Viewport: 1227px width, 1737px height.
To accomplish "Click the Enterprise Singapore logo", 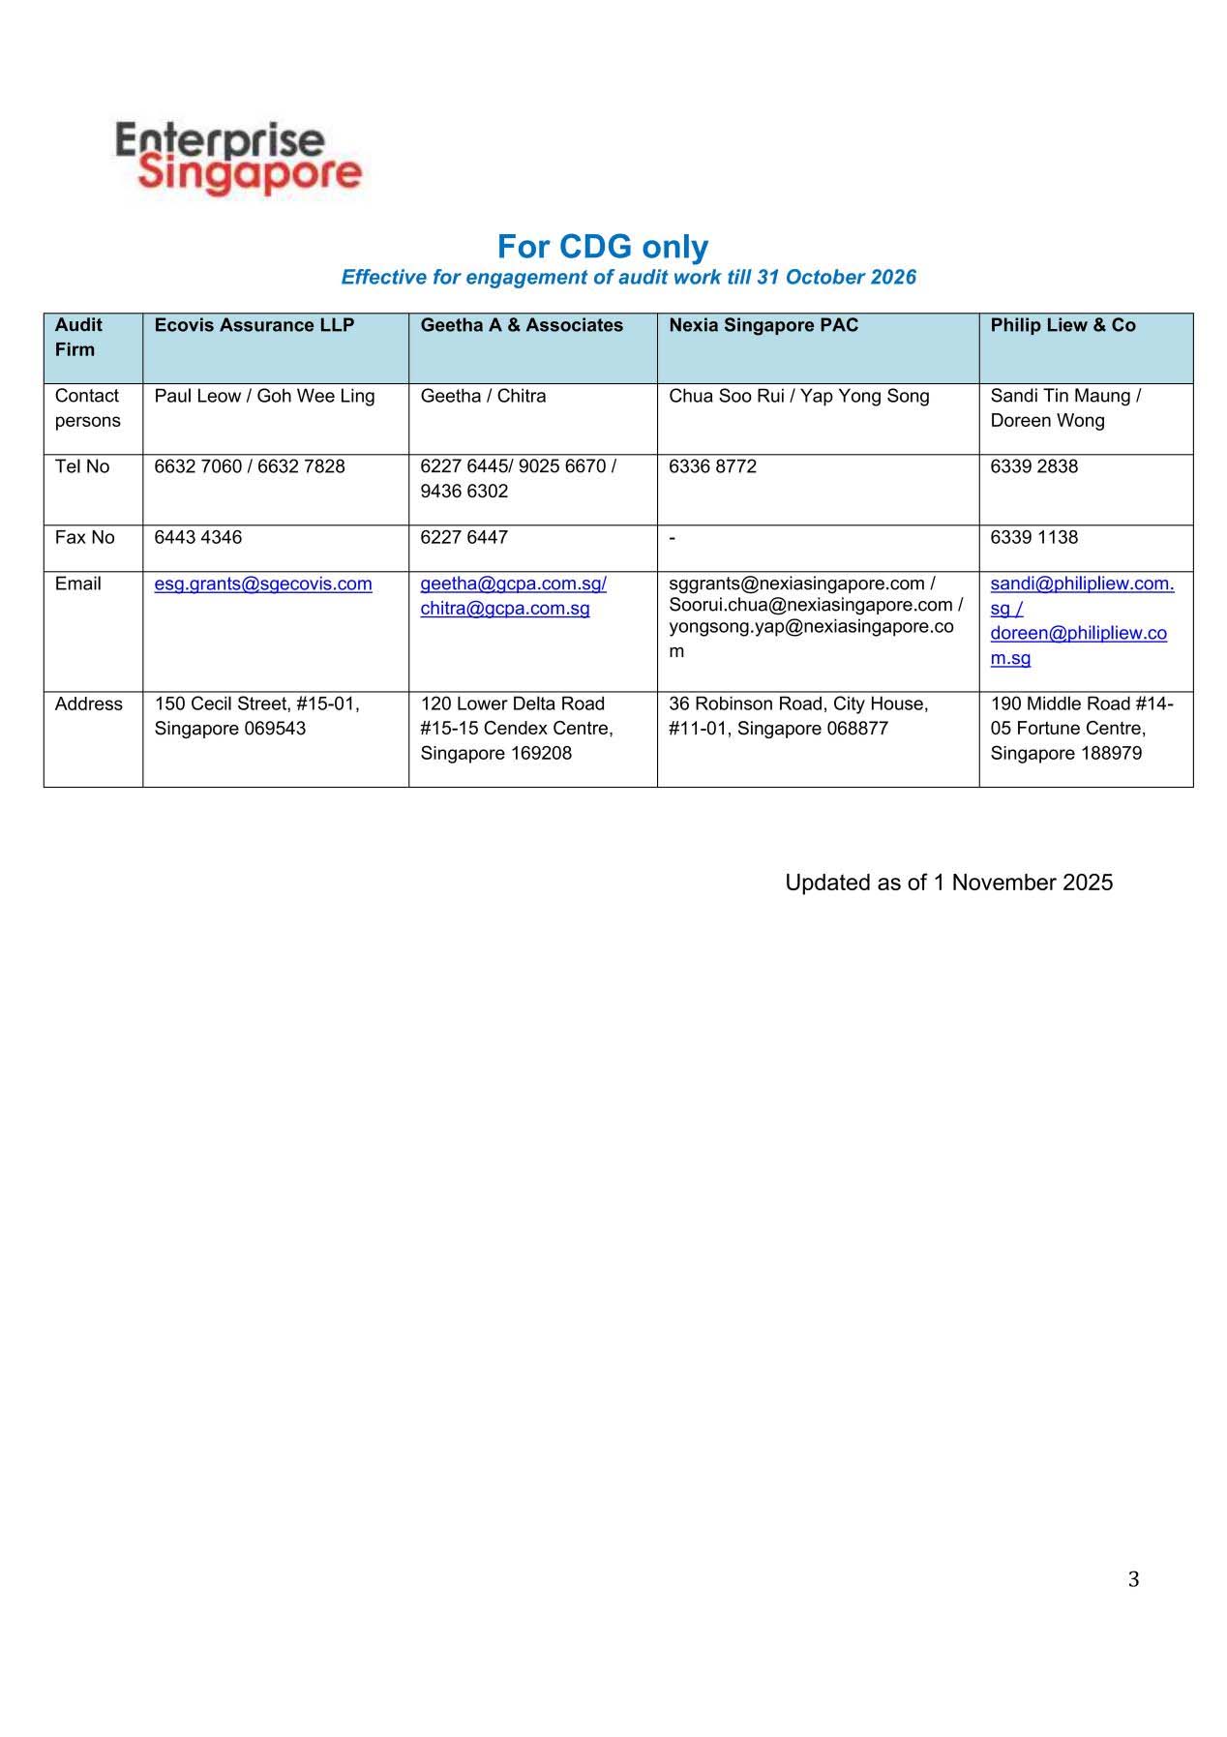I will point(238,158).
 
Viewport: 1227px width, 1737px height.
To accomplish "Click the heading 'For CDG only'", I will point(602,247).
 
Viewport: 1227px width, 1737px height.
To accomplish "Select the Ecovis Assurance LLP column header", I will point(254,325).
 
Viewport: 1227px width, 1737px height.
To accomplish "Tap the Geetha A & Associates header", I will point(522,325).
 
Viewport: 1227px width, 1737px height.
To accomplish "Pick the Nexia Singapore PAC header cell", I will point(763,325).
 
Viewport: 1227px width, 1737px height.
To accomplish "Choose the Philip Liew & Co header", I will point(1062,325).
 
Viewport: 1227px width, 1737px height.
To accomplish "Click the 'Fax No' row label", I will point(84,537).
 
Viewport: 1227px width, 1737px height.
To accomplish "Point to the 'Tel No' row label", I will point(82,466).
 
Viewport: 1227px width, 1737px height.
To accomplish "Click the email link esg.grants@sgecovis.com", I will point(263,584).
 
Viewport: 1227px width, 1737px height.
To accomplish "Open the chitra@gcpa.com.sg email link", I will point(505,609).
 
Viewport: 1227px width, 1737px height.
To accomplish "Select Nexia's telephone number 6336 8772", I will point(712,466).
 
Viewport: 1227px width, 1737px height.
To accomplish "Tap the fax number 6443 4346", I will point(198,537).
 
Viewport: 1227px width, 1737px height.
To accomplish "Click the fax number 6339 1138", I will point(1033,537).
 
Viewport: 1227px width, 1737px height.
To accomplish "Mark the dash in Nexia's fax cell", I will point(673,538).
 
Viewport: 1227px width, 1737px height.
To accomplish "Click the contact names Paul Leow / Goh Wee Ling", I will point(264,396).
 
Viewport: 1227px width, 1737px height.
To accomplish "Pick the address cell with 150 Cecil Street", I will point(256,716).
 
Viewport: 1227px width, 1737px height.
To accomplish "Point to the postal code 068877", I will point(857,729).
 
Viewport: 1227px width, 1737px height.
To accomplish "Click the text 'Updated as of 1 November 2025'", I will point(948,883).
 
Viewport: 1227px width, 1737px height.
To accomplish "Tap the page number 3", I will point(1133,1579).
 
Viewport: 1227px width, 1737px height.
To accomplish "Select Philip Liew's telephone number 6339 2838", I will point(1033,466).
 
